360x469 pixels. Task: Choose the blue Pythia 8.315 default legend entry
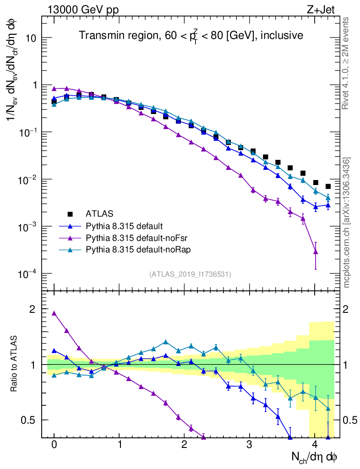[x=124, y=225]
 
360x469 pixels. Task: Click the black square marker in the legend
[x=70, y=214]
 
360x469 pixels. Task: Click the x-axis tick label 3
[x=250, y=445]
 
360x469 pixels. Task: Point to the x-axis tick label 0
[x=54, y=445]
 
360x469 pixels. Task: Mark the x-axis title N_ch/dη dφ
[x=315, y=457]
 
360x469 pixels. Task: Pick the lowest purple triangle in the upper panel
[x=315, y=251]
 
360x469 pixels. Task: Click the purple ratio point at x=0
[x=54, y=313]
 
